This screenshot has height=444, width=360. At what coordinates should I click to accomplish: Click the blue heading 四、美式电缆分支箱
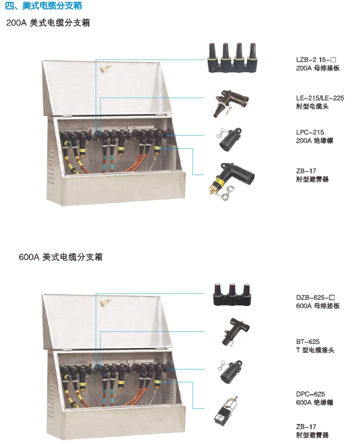click(x=44, y=5)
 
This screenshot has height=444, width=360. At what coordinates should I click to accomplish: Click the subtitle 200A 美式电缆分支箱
click(x=48, y=23)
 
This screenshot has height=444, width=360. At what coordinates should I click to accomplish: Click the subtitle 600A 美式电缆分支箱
click(x=61, y=257)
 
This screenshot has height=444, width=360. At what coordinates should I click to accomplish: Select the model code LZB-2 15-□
click(x=316, y=60)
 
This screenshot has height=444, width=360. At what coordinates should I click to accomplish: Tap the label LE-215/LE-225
click(x=320, y=98)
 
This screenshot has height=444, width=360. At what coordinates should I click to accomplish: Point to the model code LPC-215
click(x=310, y=132)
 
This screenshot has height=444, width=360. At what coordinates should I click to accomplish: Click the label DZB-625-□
click(x=315, y=297)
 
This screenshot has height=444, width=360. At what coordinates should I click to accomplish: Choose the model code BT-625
click(x=308, y=342)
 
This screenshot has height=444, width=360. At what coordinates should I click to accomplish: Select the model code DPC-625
click(x=310, y=394)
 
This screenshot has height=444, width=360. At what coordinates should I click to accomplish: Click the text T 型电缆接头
click(x=315, y=350)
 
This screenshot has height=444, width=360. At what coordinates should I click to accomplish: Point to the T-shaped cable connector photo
click(x=235, y=332)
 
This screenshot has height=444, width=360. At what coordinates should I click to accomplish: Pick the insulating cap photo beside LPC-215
click(x=230, y=139)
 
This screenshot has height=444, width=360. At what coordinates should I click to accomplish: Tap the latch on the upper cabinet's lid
click(x=105, y=68)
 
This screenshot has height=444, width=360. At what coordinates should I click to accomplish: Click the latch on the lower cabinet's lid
click(x=105, y=303)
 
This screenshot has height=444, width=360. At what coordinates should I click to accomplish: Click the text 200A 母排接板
click(x=318, y=68)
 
